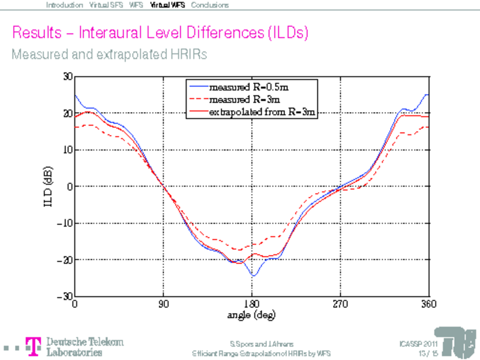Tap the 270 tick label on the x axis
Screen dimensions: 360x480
pos(340,304)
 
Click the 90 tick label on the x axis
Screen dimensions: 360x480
pos(163,304)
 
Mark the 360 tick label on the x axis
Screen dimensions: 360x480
pos(428,304)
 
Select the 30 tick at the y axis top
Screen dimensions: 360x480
pos(67,77)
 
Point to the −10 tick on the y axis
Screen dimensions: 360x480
pos(64,223)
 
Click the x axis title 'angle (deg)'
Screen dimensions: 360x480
pos(251,314)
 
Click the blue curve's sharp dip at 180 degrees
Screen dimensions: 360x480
pos(254,275)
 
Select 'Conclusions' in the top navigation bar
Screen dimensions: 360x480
pos(210,5)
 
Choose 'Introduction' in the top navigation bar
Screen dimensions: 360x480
pos(64,5)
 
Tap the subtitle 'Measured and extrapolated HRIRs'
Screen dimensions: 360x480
pos(109,54)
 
